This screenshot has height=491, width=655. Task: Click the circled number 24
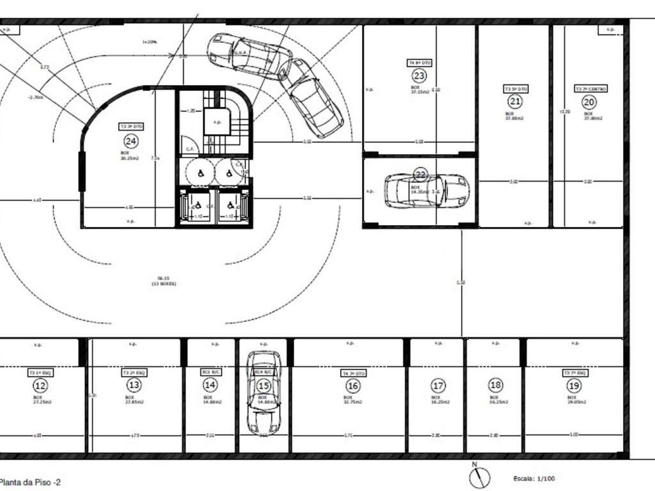(x=131, y=141)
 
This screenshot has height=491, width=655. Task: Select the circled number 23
(x=420, y=75)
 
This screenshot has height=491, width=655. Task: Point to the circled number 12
(x=40, y=386)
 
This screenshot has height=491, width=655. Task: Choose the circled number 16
(x=353, y=386)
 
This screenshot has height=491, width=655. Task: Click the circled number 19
(x=574, y=386)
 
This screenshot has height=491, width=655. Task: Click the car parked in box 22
(x=426, y=190)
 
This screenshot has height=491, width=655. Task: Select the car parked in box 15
(x=264, y=392)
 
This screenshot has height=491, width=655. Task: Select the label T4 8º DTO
(x=420, y=63)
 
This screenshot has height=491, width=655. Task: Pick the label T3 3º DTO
(x=131, y=127)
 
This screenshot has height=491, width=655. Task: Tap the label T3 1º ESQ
(x=39, y=372)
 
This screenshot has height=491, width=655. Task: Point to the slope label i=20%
(x=150, y=42)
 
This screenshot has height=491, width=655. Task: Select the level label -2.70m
(x=36, y=98)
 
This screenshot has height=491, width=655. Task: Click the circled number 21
(x=515, y=101)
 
